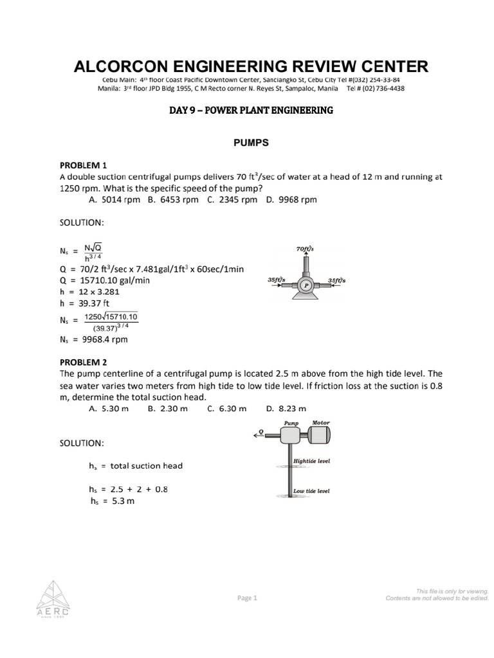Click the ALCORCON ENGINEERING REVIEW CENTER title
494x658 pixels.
click(x=251, y=66)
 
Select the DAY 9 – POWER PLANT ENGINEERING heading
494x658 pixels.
click(x=251, y=111)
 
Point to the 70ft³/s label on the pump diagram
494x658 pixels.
click(x=304, y=248)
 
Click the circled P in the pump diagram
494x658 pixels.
click(x=306, y=283)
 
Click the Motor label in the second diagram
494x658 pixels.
click(x=320, y=423)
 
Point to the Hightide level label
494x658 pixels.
click(x=311, y=461)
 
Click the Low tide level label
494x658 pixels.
click(x=311, y=491)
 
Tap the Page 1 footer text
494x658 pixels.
click(x=247, y=598)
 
